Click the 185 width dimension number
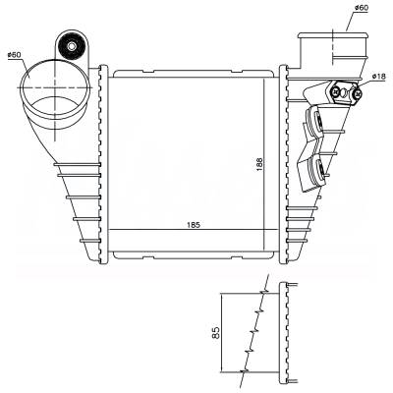(x=195, y=225)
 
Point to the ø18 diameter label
(x=379, y=74)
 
